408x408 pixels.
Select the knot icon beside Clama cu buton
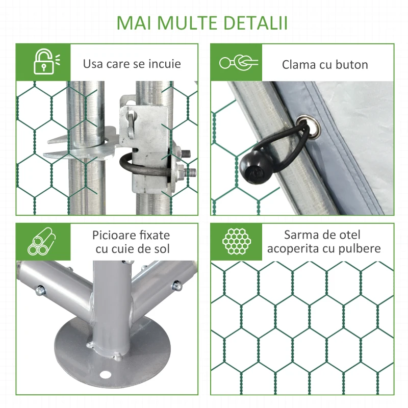pyautogui.click(x=238, y=63)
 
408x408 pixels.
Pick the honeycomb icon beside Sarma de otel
pyautogui.click(x=236, y=241)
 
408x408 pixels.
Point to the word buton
pyautogui.click(x=352, y=64)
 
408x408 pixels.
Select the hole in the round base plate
pyautogui.click(x=106, y=375)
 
